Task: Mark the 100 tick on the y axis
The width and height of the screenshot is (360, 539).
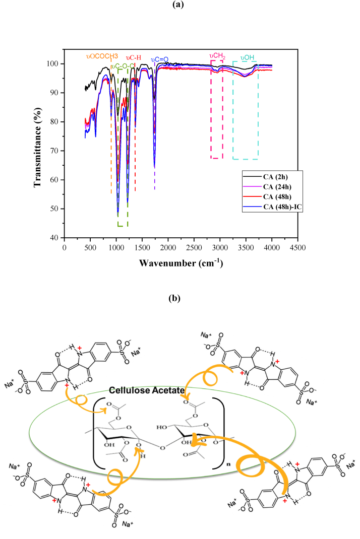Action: click(52, 64)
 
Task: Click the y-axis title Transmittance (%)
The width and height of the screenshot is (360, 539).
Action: click(37, 143)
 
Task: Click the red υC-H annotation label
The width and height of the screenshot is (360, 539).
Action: click(134, 57)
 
